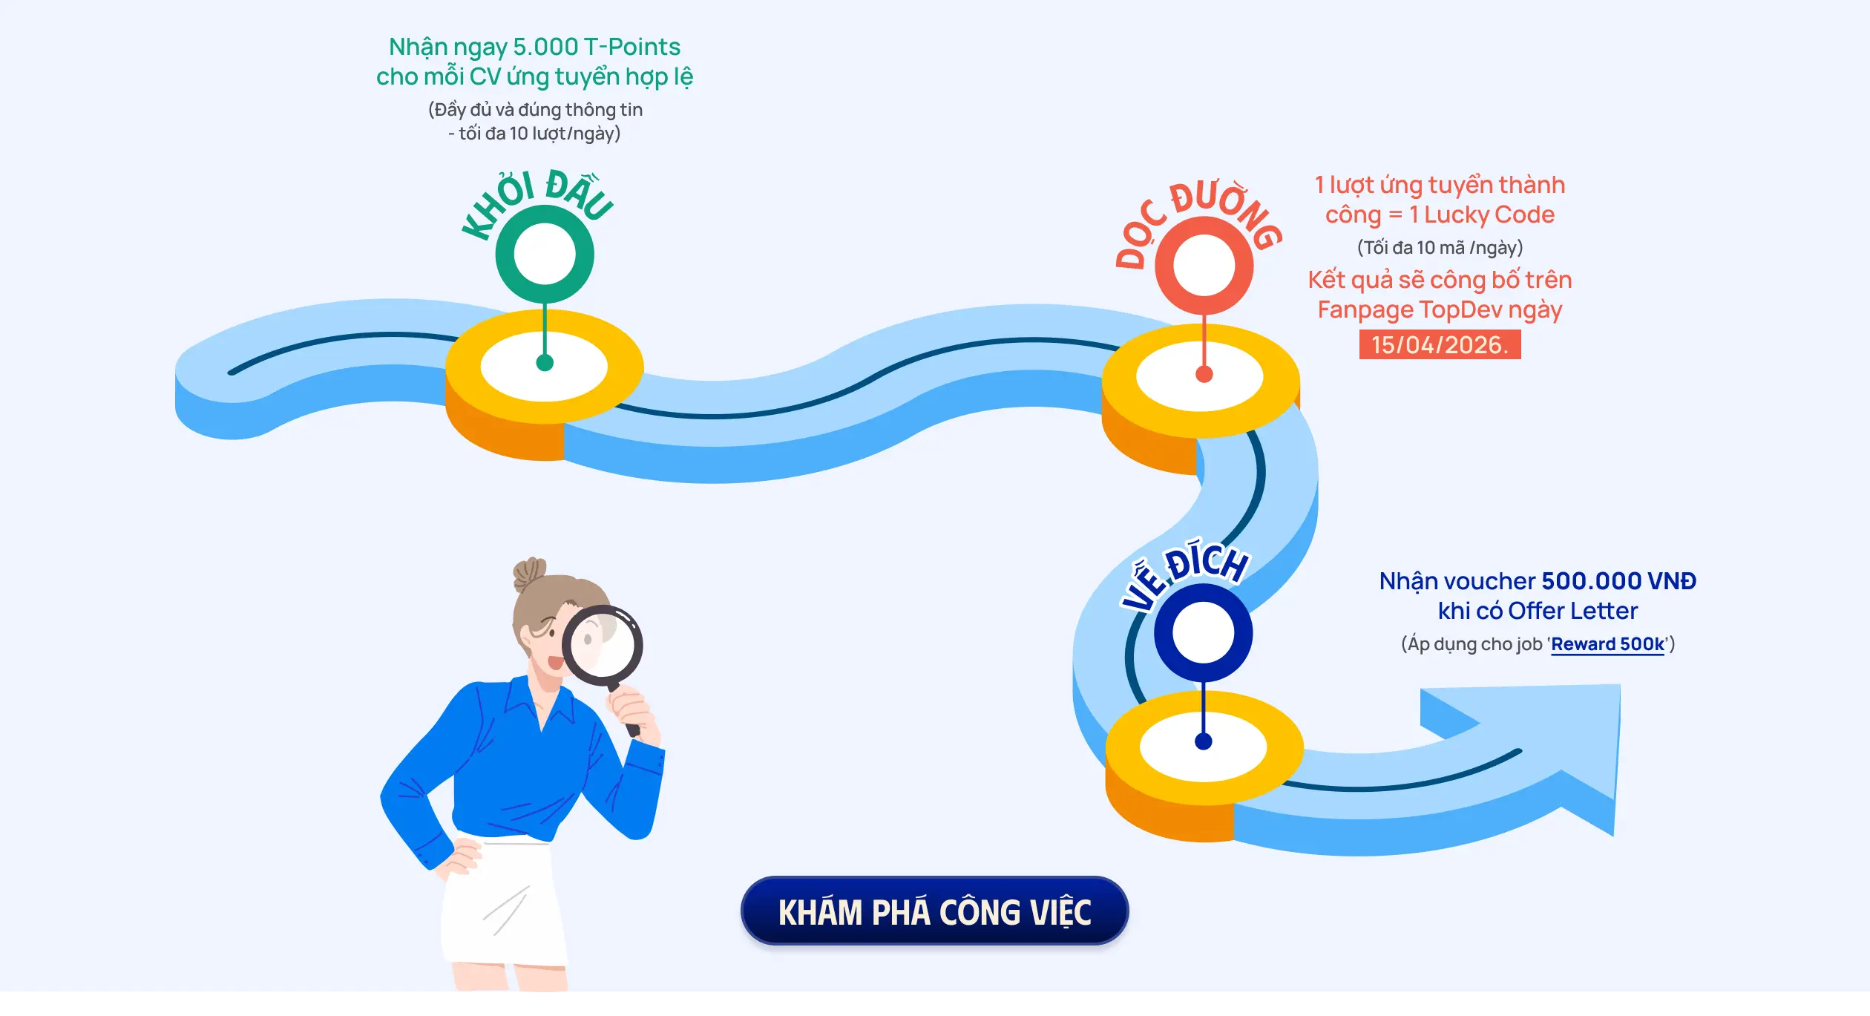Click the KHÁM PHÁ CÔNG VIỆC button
click(934, 911)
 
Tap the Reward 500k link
click(1607, 644)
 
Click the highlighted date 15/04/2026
click(1440, 345)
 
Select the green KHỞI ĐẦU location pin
click(545, 255)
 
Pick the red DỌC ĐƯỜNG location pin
click(1204, 266)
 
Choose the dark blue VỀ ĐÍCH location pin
click(1203, 632)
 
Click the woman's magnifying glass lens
click(602, 642)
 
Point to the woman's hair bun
click(528, 571)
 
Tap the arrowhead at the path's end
click(1573, 750)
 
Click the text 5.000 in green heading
click(545, 47)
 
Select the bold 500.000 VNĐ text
click(1618, 581)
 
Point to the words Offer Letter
click(1572, 611)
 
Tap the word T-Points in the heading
click(632, 47)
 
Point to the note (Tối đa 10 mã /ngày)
click(1440, 247)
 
